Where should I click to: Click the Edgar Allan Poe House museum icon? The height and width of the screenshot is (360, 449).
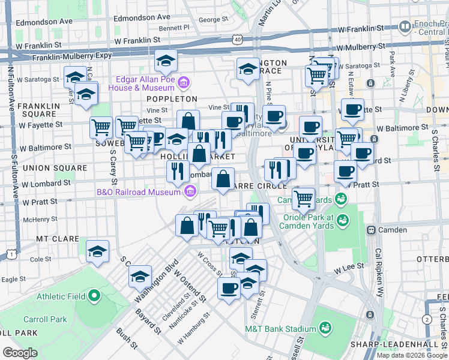pyautogui.click(x=184, y=82)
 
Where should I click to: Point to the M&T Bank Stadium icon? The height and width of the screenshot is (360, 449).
pyautogui.click(x=325, y=328)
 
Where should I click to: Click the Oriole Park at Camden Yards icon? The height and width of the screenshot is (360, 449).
pyautogui.click(x=342, y=220)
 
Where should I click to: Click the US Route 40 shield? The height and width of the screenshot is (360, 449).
pyautogui.click(x=238, y=40)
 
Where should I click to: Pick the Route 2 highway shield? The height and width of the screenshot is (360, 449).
pyautogui.click(x=426, y=320)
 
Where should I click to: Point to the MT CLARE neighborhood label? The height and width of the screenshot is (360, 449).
pyautogui.click(x=58, y=239)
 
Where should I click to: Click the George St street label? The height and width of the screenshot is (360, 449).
pyautogui.click(x=209, y=20)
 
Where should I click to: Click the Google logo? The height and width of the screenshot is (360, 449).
pyautogui.click(x=20, y=353)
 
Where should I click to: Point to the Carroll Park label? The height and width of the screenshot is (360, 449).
pyautogui.click(x=45, y=319)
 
